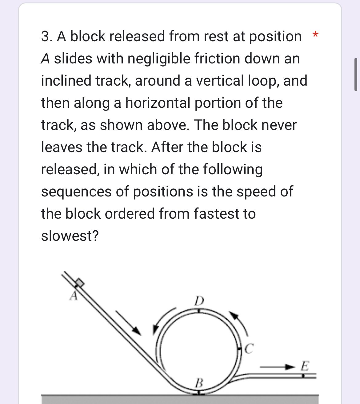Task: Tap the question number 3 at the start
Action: tap(46, 36)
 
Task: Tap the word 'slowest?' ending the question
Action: tap(70, 236)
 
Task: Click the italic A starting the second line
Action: tap(45, 59)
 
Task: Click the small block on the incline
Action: tap(80, 282)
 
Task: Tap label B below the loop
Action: tap(199, 383)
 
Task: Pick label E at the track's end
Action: tap(304, 366)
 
